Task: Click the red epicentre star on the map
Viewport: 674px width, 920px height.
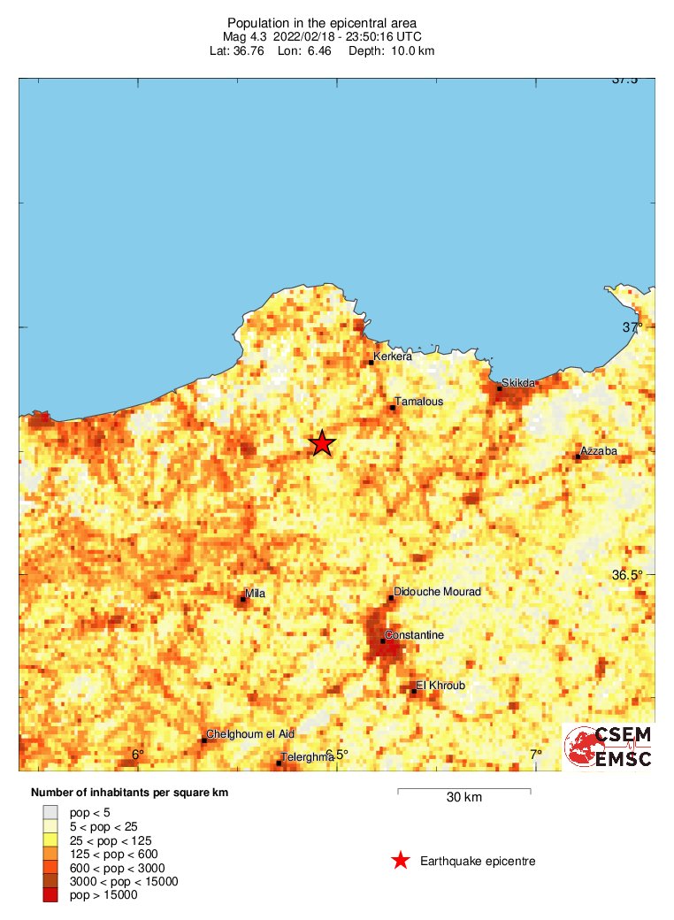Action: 322,443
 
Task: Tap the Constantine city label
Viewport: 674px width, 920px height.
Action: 415,636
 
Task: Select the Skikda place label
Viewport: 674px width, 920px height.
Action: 518,383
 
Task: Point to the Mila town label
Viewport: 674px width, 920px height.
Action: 255,594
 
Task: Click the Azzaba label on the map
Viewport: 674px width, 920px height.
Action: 599,452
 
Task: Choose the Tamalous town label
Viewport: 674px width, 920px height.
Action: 418,402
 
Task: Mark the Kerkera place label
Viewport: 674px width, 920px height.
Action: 393,357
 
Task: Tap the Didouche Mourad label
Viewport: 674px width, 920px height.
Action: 437,591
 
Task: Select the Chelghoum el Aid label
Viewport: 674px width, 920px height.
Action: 250,734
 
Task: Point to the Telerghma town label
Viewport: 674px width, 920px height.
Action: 306,758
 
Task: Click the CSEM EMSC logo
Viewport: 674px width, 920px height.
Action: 609,747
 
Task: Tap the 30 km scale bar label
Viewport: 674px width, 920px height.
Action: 463,798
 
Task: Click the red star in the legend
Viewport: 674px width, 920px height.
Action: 401,861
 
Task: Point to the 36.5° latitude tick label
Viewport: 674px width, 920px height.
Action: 627,575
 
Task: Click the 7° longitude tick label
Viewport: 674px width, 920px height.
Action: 536,755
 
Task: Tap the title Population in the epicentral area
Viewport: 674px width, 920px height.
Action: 323,22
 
